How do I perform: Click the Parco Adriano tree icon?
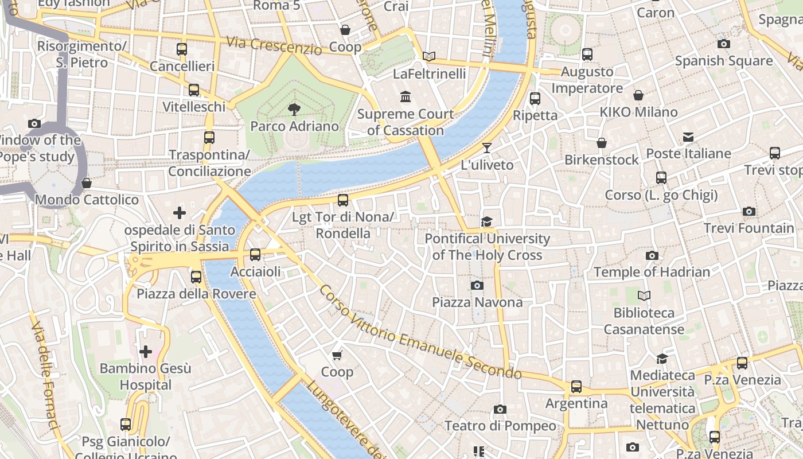(294, 109)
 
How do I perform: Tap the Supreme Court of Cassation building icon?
(406, 96)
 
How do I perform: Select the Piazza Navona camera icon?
(477, 285)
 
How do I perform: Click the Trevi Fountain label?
(749, 228)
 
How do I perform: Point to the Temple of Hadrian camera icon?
(652, 255)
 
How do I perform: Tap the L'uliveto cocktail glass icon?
(486, 148)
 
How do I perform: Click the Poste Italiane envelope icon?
(688, 137)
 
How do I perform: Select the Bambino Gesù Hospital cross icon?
(146, 351)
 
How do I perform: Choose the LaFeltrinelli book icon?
(429, 56)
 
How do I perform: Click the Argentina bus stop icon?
(576, 387)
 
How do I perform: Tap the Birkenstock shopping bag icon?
(601, 143)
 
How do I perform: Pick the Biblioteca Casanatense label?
(644, 321)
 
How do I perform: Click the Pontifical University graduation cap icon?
(486, 221)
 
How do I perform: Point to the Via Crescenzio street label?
(274, 45)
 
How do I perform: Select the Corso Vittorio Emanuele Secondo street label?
(420, 333)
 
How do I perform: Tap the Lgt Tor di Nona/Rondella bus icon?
(342, 200)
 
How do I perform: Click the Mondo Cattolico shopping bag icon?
(87, 183)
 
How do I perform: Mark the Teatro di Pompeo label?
(500, 426)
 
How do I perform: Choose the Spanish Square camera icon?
(723, 44)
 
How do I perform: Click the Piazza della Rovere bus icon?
(196, 277)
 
